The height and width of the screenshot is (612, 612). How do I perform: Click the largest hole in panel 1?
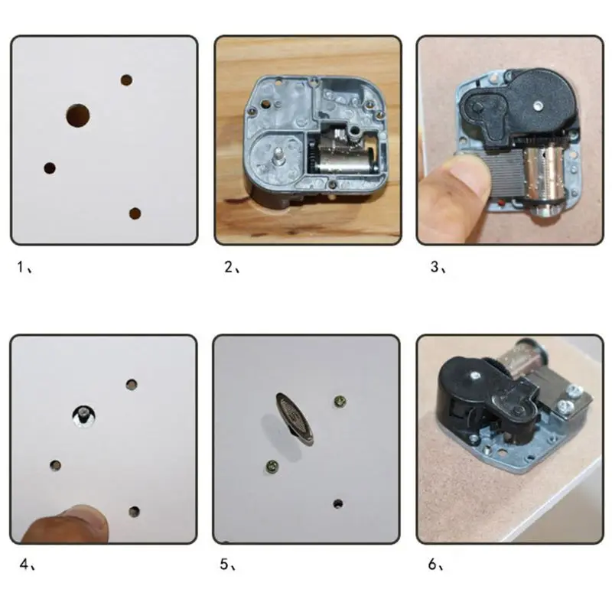(x=77, y=116)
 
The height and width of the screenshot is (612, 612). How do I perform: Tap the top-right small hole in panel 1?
(x=126, y=80)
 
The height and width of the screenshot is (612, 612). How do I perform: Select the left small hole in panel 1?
(x=50, y=168)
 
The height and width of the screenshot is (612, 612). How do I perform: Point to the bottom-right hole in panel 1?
(x=135, y=213)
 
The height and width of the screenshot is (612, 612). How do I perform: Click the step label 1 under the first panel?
(x=24, y=268)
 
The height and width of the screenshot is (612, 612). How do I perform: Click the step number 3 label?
(x=435, y=268)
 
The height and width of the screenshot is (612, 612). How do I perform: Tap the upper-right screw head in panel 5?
(x=339, y=400)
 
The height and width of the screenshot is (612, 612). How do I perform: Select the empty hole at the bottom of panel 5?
(x=337, y=503)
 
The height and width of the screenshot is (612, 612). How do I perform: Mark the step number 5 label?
(x=227, y=565)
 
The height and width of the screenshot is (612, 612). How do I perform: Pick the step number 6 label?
(x=433, y=565)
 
